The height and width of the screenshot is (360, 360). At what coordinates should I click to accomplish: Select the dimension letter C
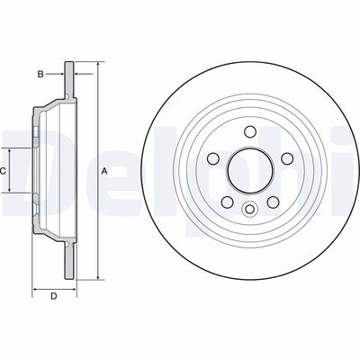coord(4,170)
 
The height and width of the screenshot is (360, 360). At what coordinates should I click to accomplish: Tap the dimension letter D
coord(53,295)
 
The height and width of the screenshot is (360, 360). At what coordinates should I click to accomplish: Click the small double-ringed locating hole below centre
coord(247,209)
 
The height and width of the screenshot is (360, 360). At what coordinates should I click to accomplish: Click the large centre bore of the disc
coord(247,169)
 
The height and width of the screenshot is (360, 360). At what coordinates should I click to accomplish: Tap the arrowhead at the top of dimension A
coord(95,66)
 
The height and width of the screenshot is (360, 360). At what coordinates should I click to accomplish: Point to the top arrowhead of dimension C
coord(11,146)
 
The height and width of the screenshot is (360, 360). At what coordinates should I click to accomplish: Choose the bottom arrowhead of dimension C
coord(11,192)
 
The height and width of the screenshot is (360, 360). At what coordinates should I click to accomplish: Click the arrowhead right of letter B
coord(61,74)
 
